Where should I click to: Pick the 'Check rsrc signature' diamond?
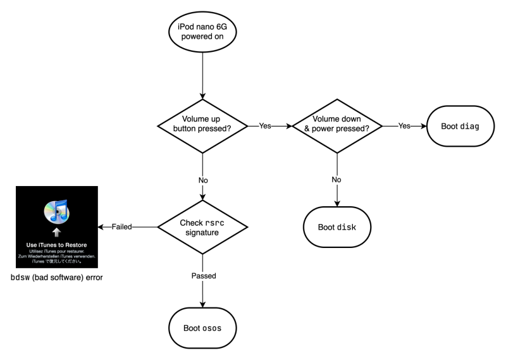[x=202, y=226]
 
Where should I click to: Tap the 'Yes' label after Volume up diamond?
[x=265, y=125]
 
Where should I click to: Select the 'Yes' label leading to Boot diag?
[x=404, y=125]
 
